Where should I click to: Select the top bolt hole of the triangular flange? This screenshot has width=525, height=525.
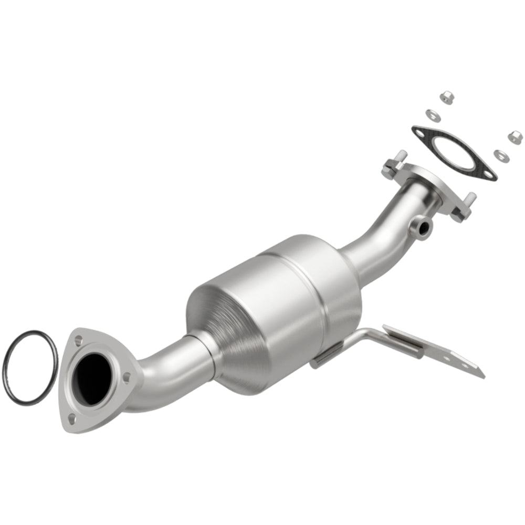pos(79,341)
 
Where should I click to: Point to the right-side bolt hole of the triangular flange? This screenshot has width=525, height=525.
pos(126,376)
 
